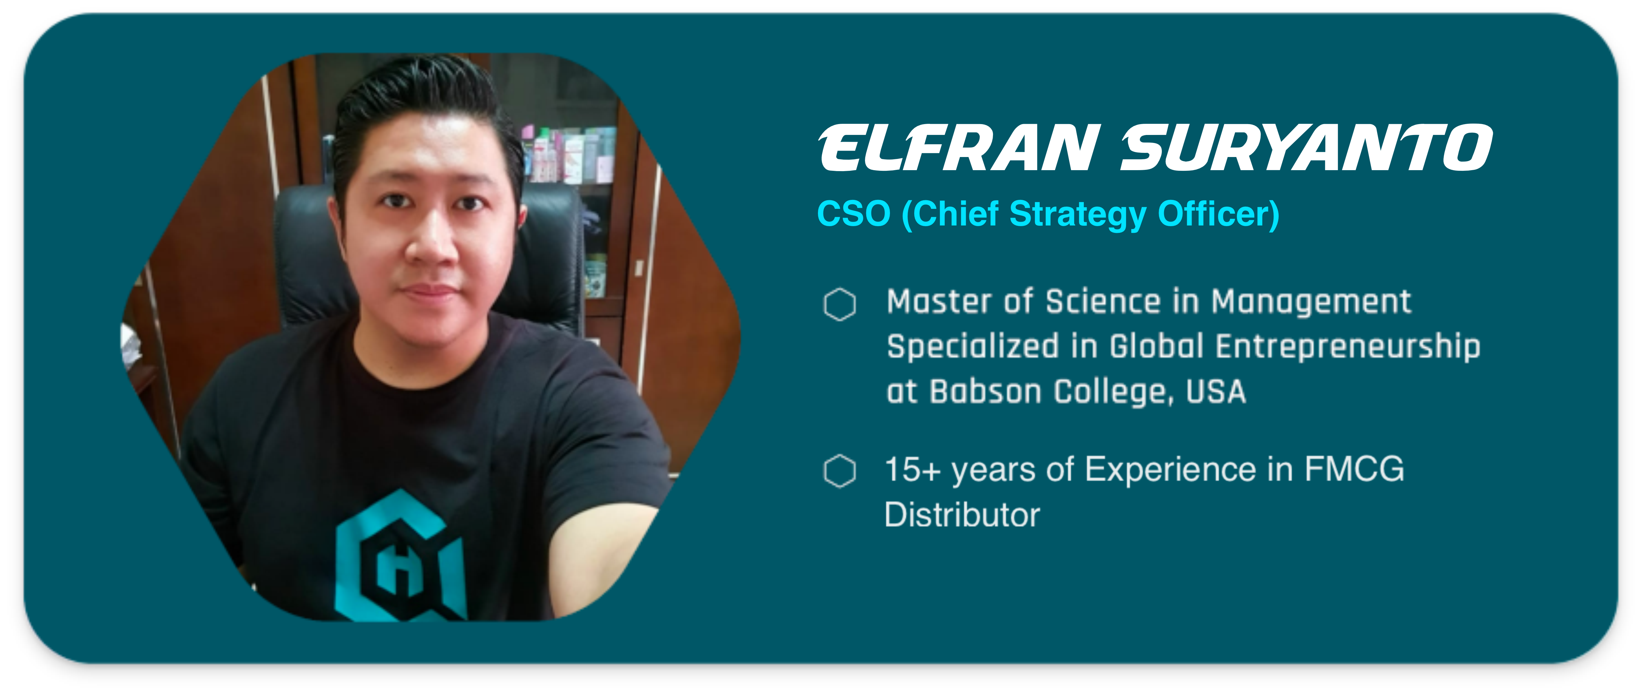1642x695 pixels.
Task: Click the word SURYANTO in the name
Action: coord(1307,148)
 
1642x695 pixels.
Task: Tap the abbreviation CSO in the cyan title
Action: coord(853,213)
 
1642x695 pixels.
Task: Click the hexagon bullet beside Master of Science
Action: coord(839,304)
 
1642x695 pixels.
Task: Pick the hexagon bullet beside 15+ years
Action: coord(839,471)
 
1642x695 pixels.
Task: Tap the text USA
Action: coord(1216,391)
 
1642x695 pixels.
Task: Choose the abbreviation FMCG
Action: coord(1354,470)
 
